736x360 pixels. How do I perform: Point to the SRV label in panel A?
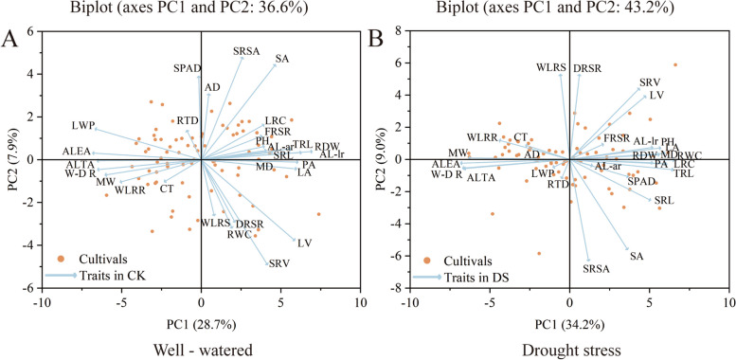[279, 263]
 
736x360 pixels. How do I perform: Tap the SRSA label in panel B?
[596, 270]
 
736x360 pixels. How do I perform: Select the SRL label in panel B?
[664, 201]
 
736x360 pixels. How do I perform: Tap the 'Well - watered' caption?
[200, 348]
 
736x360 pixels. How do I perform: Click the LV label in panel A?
[304, 243]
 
